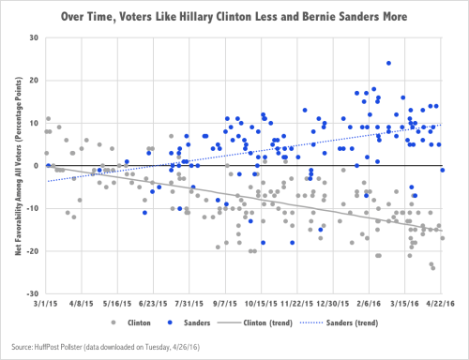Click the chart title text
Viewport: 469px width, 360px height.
coord(241,16)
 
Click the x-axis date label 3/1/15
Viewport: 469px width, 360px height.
coord(44,305)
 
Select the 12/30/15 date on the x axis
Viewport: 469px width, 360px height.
coord(332,305)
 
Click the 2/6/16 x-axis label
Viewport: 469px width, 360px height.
coord(369,305)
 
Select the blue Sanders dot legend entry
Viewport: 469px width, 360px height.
coord(186,322)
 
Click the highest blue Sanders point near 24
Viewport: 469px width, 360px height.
coord(388,64)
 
